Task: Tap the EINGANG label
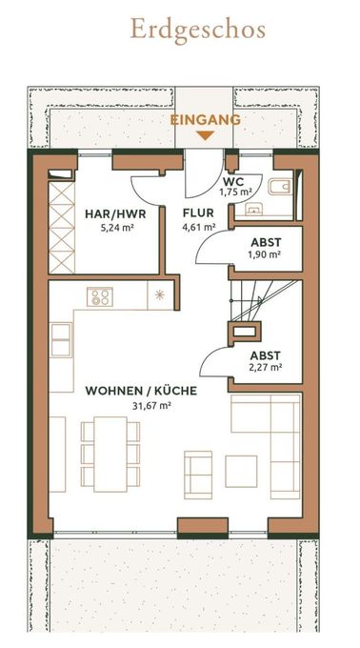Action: pos(205,120)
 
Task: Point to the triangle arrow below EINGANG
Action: pos(205,134)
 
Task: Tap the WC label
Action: pos(233,180)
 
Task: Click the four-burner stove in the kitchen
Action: pos(100,296)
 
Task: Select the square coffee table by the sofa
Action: pos(241,470)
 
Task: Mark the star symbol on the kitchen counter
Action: pos(160,294)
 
